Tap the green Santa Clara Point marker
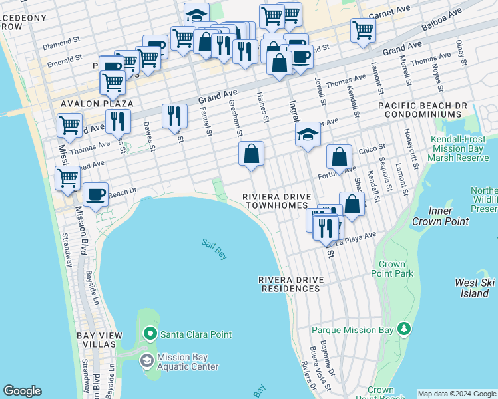pyautogui.click(x=150, y=333)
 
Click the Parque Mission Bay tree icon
pyautogui.click(x=403, y=329)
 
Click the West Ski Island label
pyautogui.click(x=475, y=288)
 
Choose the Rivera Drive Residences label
pyautogui.click(x=290, y=284)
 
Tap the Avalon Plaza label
pyautogui.click(x=97, y=104)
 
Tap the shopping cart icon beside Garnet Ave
pyautogui.click(x=363, y=29)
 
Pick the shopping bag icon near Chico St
pyautogui.click(x=340, y=157)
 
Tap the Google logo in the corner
pyautogui.click(x=22, y=391)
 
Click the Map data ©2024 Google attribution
pyautogui.click(x=456, y=394)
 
